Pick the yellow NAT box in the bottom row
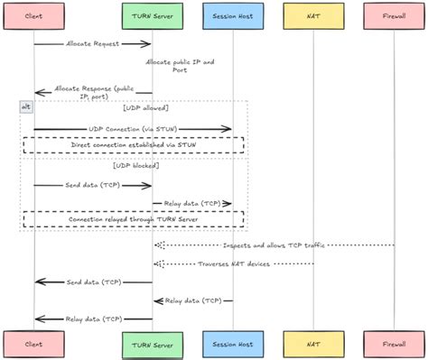click(313, 343)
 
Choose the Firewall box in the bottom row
click(394, 343)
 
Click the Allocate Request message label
click(93, 43)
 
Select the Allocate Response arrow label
click(93, 91)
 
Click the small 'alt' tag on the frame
click(26, 106)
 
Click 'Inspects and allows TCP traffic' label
click(274, 245)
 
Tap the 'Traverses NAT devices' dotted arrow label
click(233, 263)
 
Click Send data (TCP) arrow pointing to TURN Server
click(93, 186)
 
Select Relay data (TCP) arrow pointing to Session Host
click(191, 203)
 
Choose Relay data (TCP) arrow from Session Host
click(191, 300)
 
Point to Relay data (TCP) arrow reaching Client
click(93, 318)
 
